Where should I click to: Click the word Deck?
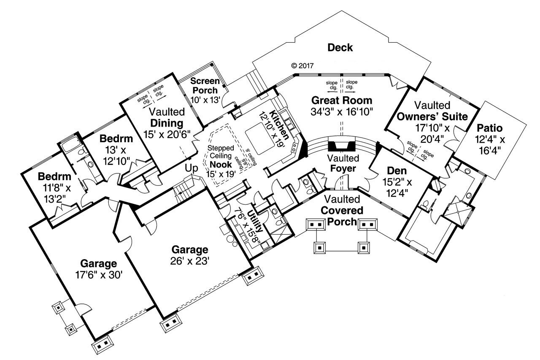(340, 48)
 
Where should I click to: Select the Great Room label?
(342, 100)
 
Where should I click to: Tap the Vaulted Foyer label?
(342, 164)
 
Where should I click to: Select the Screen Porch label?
(204, 85)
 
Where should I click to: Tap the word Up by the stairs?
(192, 168)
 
